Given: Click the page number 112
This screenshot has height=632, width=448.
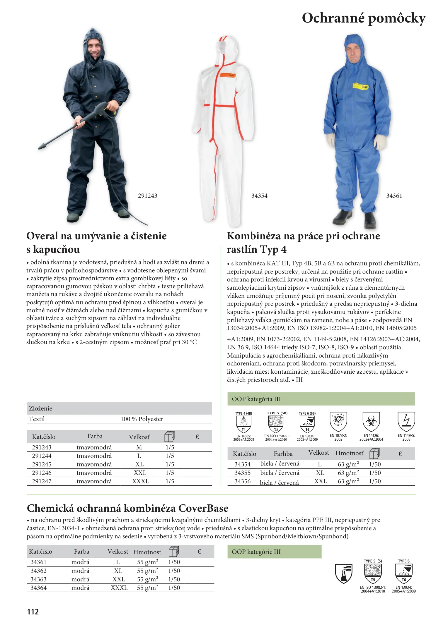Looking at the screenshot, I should point(33,612).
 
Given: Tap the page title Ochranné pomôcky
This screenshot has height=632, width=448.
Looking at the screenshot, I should point(363,18).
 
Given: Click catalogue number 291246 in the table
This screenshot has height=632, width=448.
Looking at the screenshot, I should point(42,473).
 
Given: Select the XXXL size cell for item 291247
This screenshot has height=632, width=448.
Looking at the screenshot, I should point(140,481).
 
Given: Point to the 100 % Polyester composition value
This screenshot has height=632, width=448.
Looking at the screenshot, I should point(142,419).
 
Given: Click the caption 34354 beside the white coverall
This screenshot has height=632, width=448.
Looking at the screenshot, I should point(259,196).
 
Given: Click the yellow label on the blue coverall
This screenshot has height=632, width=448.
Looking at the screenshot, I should point(361,86).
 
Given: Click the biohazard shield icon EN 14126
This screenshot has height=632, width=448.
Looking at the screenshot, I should point(371,421).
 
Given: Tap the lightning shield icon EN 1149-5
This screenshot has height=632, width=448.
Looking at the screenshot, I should point(406,421).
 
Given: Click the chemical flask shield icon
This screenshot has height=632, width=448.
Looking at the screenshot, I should point(344,573).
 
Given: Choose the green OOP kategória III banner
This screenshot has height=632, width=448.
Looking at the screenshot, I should point(321,399).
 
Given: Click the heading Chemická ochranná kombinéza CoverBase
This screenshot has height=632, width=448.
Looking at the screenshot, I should point(127,508).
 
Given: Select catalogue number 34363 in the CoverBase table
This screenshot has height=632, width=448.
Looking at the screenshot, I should point(38,579).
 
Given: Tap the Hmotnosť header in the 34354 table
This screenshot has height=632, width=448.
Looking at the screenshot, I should point(349,453).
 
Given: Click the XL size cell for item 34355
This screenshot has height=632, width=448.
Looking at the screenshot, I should point(320,473).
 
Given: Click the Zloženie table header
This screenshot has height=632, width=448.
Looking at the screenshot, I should point(41,408).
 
